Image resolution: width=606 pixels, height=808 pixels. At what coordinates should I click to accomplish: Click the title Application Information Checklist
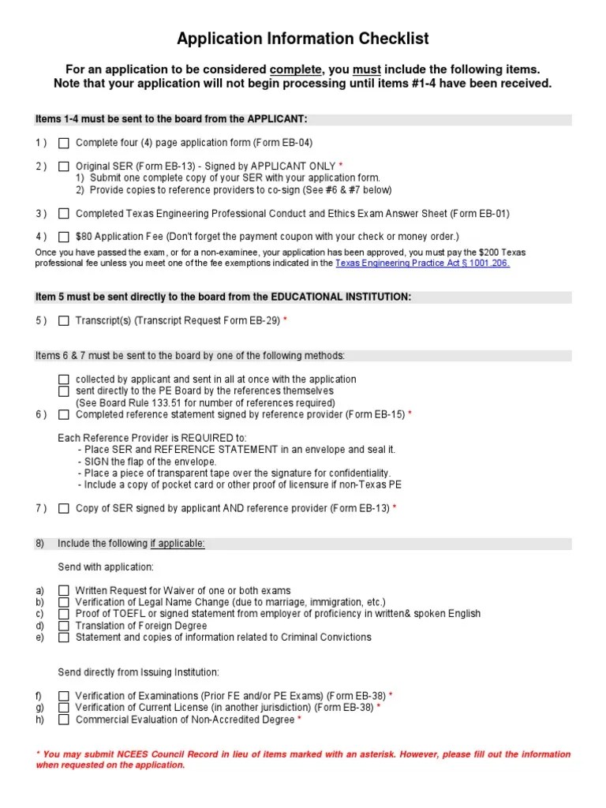click(303, 39)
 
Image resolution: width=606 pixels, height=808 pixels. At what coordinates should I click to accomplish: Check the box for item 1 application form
click(64, 143)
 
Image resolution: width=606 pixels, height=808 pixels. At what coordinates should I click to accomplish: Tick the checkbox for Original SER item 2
click(64, 166)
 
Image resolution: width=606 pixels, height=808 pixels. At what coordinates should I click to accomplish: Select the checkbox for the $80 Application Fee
click(64, 237)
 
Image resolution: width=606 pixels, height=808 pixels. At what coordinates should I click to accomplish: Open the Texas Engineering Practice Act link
click(422, 263)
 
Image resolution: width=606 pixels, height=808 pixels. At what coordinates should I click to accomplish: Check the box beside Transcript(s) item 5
click(64, 320)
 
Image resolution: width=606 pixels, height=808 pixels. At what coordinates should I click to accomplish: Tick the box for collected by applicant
click(64, 380)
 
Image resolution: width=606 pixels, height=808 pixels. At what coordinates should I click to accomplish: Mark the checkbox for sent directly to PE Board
click(64, 391)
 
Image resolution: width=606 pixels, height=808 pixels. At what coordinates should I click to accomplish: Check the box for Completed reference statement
click(64, 414)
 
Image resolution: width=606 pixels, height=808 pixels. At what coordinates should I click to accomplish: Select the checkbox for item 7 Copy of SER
click(64, 508)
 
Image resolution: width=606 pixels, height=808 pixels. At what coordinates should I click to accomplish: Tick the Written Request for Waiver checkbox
click(64, 590)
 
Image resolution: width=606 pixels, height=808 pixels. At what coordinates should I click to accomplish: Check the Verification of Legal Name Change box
click(64, 602)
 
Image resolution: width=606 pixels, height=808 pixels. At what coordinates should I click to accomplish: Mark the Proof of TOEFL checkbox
click(64, 614)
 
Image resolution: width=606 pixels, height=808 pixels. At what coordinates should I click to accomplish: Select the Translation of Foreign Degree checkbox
click(64, 626)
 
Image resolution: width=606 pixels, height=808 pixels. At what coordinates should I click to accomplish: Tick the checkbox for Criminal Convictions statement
click(64, 638)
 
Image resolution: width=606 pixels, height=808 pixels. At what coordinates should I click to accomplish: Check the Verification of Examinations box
click(64, 696)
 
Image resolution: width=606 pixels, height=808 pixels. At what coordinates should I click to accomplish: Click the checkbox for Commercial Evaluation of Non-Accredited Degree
click(64, 720)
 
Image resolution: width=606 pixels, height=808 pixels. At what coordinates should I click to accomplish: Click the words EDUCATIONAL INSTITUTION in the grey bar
click(341, 297)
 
